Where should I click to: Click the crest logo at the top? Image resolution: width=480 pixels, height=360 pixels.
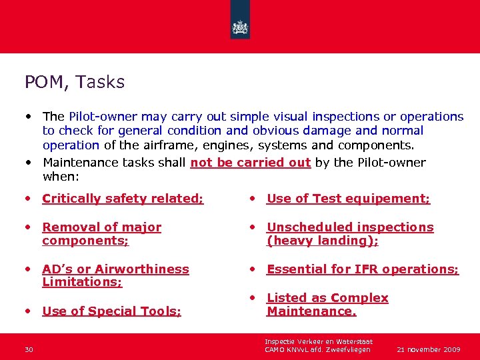pyautogui.click(x=240, y=28)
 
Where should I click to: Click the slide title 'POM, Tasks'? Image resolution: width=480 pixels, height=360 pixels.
pyautogui.click(x=75, y=82)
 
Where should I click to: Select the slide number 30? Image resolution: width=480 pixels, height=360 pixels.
pyautogui.click(x=29, y=349)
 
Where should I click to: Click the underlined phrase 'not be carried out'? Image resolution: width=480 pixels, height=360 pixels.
pyautogui.click(x=251, y=163)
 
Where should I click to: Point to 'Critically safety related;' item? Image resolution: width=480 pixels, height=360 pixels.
pyautogui.click(x=123, y=198)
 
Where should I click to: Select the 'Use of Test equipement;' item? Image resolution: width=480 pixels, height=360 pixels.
pyautogui.click(x=348, y=198)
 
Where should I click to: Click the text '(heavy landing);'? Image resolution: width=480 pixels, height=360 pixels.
pyautogui.click(x=323, y=241)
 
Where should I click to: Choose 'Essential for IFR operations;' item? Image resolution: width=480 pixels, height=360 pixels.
pyautogui.click(x=363, y=269)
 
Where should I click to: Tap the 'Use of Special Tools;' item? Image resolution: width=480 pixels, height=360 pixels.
pyautogui.click(x=111, y=311)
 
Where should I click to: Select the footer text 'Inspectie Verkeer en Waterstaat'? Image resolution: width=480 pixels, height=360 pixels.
pyautogui.click(x=319, y=341)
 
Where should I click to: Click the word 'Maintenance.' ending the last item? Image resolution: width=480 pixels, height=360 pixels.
pyautogui.click(x=311, y=311)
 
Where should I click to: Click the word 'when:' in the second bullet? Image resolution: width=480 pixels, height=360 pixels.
pyautogui.click(x=60, y=177)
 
